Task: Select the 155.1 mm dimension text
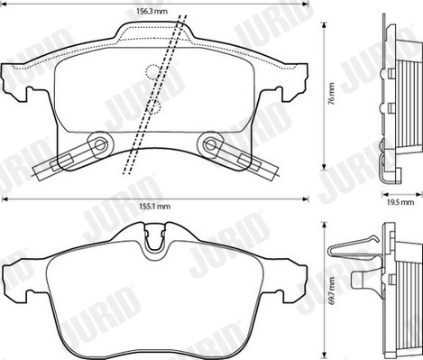[155, 208]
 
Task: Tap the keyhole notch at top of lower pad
[155, 240]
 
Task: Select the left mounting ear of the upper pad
[11, 78]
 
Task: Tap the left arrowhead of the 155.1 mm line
[4, 198]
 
